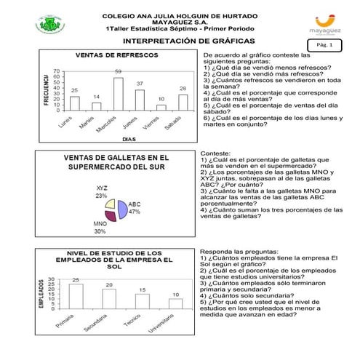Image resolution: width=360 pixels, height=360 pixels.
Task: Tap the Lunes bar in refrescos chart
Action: [74, 103]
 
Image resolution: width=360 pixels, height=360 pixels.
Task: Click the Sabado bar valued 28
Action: [183, 103]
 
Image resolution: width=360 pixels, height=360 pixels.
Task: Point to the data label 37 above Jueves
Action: [140, 84]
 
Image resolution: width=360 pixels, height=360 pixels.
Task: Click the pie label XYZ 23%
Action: [102, 191]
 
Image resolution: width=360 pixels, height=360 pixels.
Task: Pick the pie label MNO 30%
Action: [100, 228]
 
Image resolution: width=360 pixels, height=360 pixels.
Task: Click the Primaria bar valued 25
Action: [76, 297]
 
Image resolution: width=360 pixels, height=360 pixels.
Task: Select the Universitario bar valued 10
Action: [175, 304]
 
